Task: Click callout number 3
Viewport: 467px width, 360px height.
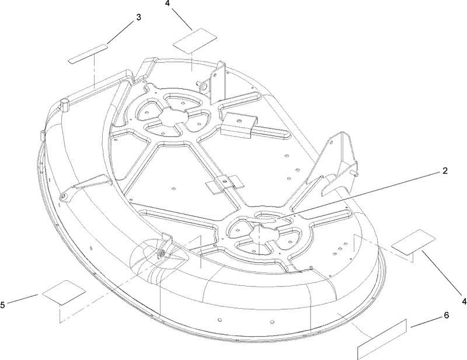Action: coord(138,18)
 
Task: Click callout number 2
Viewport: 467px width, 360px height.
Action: coord(444,171)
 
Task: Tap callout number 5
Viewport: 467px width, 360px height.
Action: coord(2,305)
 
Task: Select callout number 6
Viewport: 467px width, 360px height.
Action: coord(446,315)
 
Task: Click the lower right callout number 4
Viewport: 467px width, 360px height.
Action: coord(464,302)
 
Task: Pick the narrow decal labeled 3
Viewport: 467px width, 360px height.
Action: coord(88,54)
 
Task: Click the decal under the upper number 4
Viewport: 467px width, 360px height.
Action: coord(195,41)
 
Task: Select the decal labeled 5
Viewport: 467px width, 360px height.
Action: coord(64,292)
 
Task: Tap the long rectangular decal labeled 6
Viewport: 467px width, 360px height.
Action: coord(382,339)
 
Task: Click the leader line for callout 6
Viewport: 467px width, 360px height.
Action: coord(426,322)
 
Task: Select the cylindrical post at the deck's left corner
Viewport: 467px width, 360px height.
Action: coord(65,105)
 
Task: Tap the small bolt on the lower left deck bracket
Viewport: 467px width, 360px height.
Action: coord(162,253)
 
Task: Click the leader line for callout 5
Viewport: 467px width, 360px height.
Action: coord(22,299)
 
